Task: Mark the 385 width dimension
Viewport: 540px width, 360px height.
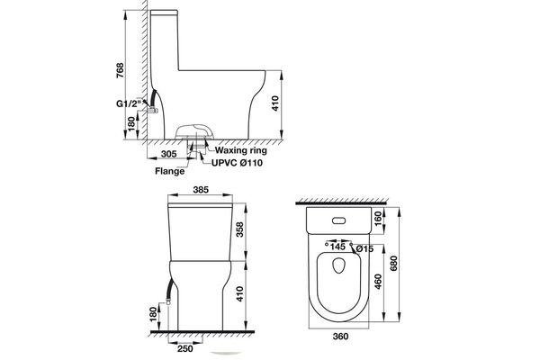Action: click(202, 192)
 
